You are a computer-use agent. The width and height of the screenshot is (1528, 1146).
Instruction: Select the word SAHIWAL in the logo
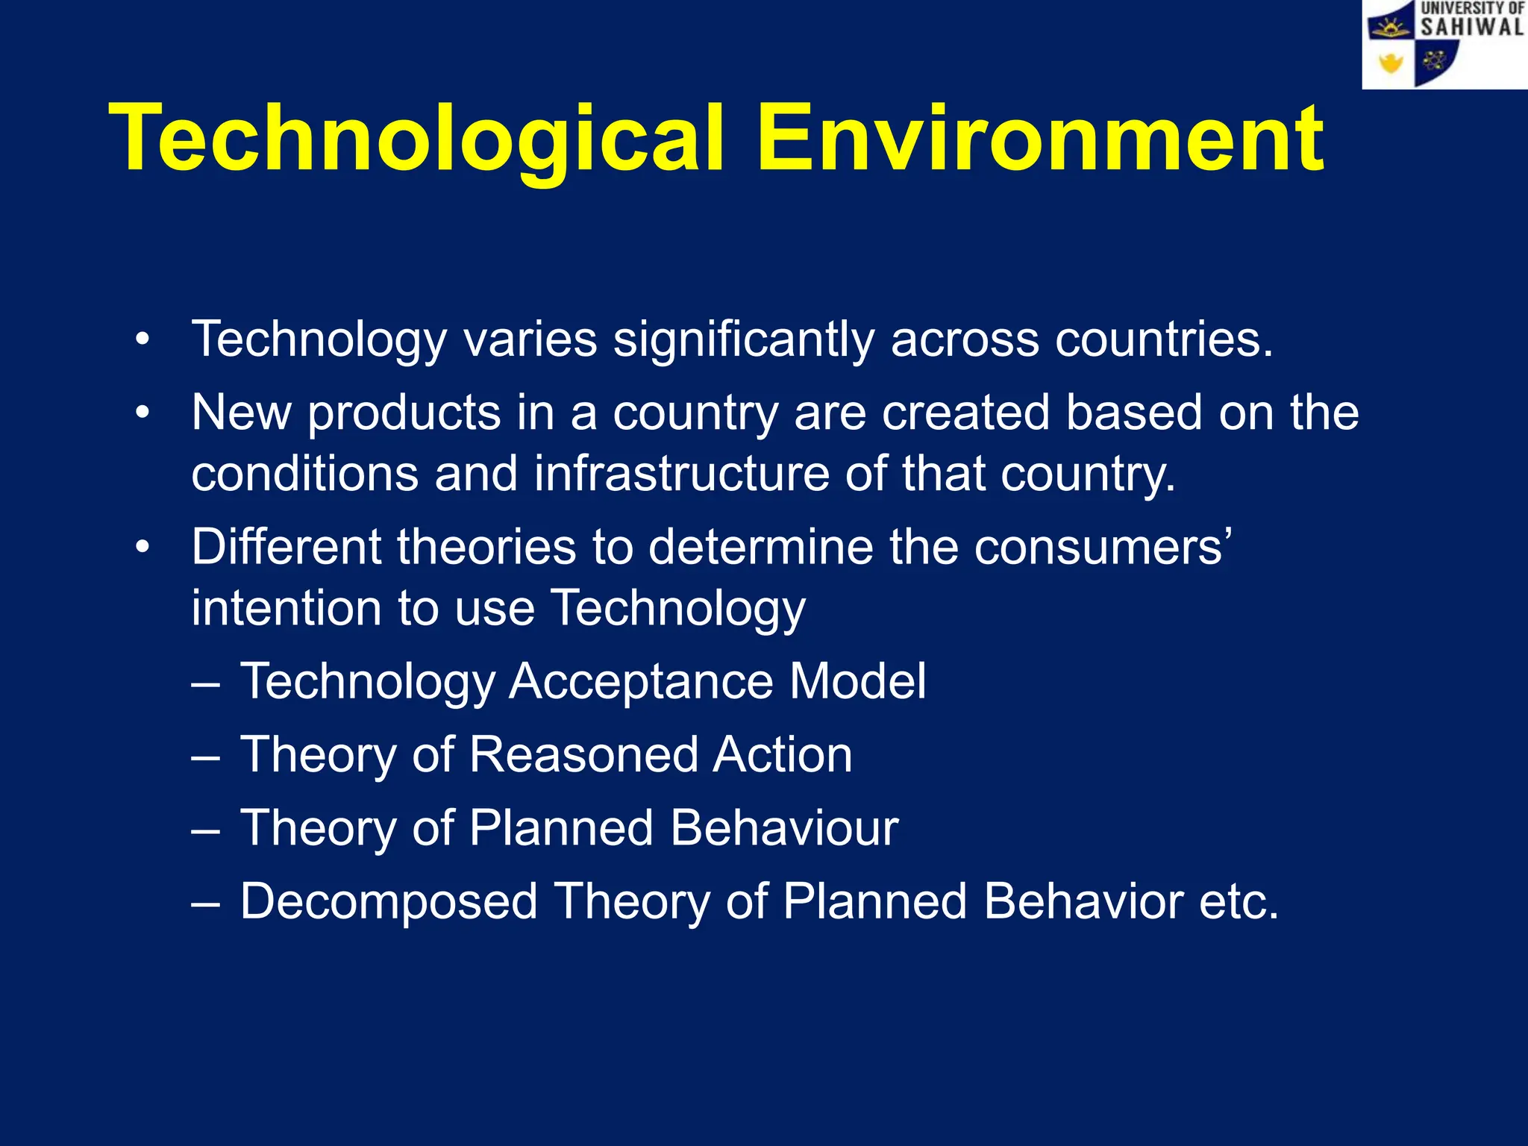pyautogui.click(x=1471, y=28)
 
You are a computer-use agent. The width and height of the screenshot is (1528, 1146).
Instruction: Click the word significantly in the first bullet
pyautogui.click(x=743, y=340)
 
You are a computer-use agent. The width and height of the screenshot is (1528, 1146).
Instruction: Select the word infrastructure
pyautogui.click(x=681, y=475)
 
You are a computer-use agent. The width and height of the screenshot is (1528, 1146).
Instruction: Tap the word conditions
pyautogui.click(x=304, y=475)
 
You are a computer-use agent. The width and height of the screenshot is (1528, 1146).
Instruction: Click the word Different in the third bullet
pyautogui.click(x=286, y=548)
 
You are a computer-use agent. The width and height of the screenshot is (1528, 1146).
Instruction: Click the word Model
pyautogui.click(x=857, y=682)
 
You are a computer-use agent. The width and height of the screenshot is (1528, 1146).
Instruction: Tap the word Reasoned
pyautogui.click(x=583, y=755)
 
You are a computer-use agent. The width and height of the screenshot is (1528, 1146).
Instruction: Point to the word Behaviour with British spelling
pyautogui.click(x=784, y=828)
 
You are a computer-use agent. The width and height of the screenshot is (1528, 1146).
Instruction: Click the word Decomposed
pyautogui.click(x=388, y=902)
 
